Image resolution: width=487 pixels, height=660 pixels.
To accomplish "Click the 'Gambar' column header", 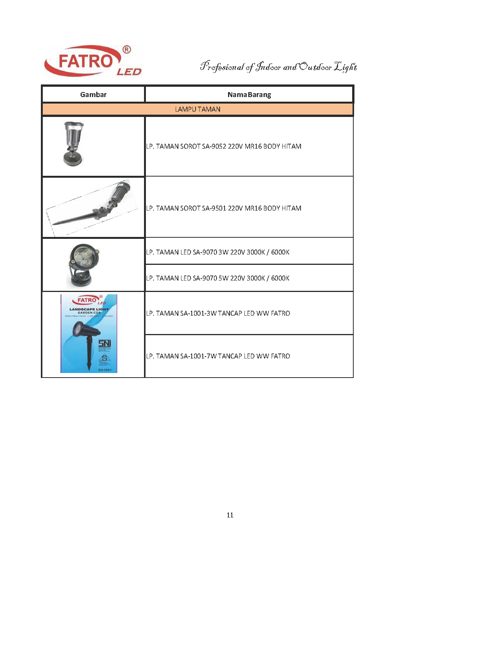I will click(93, 95).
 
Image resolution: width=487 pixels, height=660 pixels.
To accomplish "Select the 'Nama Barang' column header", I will click(249, 95).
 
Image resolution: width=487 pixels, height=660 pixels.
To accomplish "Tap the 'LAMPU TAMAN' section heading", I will click(197, 109).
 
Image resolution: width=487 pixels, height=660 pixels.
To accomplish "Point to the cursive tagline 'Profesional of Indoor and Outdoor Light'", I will click(278, 67).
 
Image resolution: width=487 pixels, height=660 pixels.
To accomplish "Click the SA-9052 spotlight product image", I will click(74, 144).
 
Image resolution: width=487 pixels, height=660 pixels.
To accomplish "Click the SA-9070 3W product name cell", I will click(218, 252).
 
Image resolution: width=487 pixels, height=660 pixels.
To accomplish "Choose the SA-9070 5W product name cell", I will click(218, 278).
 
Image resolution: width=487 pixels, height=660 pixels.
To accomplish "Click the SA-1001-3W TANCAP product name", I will click(218, 313).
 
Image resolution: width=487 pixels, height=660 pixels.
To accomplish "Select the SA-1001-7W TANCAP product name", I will click(218, 356).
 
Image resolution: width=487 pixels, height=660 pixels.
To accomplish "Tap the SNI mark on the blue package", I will click(104, 343).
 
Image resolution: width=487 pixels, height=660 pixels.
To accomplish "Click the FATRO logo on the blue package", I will click(88, 300).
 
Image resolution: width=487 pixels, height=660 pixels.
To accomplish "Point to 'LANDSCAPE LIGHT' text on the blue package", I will click(89, 309).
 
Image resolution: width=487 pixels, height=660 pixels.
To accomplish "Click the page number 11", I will click(230, 515).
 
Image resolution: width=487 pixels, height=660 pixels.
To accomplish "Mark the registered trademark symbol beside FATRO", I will click(127, 50).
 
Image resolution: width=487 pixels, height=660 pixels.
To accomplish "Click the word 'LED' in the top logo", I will click(129, 72).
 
